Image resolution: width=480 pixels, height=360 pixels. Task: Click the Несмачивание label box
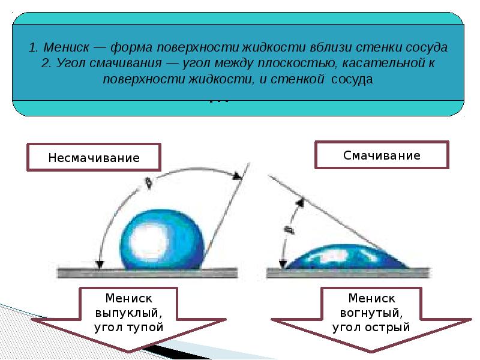point(94,158)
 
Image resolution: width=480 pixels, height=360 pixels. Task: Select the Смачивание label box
point(382,155)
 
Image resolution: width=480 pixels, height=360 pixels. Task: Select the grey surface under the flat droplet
point(348,272)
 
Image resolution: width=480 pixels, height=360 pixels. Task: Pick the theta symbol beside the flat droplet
point(288,229)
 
